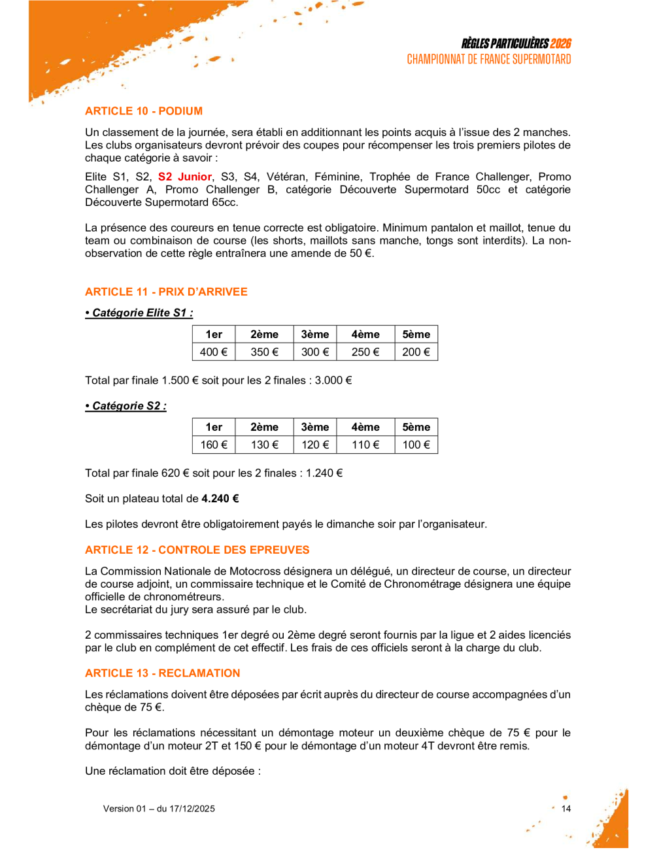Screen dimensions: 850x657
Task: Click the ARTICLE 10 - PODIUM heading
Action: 144,111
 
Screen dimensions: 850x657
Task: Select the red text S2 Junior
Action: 185,177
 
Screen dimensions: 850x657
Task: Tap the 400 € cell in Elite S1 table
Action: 214,352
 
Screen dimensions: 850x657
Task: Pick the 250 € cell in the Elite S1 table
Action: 365,352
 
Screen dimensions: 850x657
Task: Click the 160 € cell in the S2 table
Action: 214,445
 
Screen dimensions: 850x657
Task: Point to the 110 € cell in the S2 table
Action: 365,445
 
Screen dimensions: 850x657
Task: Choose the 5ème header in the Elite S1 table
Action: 416,334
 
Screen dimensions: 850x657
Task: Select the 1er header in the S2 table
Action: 214,427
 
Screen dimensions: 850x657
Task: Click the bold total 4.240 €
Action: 220,498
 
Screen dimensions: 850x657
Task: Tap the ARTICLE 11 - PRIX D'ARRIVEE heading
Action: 166,292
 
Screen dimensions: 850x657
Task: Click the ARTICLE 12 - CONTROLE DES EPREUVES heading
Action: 197,550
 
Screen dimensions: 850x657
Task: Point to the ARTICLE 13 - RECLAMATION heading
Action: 163,673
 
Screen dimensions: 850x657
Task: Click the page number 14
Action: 566,809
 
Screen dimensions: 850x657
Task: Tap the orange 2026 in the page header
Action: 560,44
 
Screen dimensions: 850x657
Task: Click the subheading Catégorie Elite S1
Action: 139,313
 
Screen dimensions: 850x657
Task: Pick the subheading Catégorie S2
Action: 126,405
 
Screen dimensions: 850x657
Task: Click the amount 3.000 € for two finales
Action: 333,380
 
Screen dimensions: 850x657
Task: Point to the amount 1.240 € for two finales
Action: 324,473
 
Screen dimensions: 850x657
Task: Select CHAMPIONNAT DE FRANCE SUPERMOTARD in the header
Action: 489,59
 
